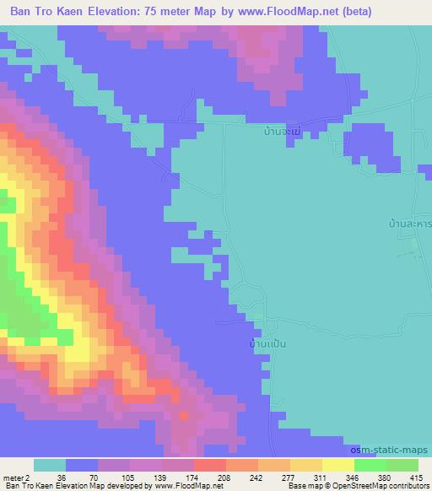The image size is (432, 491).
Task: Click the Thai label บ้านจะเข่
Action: point(281,132)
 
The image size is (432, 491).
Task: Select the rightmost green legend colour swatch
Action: point(402,465)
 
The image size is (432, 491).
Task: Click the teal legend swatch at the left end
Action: point(49,465)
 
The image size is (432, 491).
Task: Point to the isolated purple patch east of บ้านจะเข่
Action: point(372,148)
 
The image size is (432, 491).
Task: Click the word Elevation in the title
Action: point(120,11)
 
